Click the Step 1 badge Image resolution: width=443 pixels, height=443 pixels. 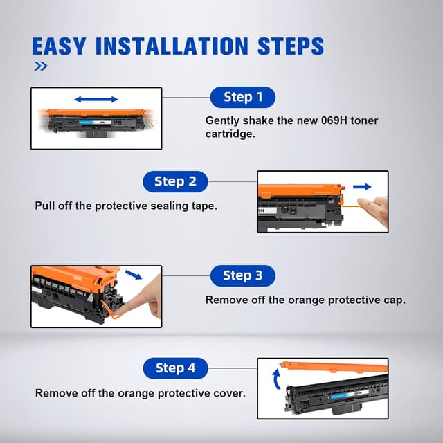(243, 97)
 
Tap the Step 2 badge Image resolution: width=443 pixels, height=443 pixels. (175, 181)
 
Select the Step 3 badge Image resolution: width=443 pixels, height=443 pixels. (243, 275)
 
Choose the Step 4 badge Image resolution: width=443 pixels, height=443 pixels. (175, 368)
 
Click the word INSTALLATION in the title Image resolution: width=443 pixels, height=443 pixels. (172, 46)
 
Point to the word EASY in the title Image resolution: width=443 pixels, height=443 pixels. (58, 46)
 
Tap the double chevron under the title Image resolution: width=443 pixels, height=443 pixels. (41, 66)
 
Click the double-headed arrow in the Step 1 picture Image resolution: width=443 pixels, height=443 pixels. (96, 99)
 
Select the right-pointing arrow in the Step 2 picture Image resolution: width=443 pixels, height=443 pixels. (362, 186)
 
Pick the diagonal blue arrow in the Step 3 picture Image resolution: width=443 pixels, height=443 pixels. (134, 275)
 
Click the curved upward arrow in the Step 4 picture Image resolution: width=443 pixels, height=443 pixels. (276, 379)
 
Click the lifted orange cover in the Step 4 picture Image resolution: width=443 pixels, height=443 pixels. (334, 367)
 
